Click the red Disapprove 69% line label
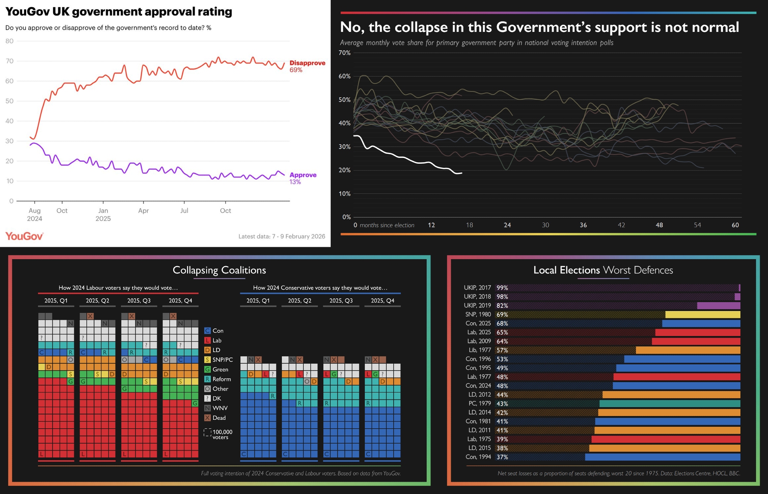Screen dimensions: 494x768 [x=307, y=66]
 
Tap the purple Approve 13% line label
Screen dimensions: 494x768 [x=303, y=178]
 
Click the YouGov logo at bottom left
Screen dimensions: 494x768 [x=24, y=236]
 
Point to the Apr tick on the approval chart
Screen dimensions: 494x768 [x=143, y=210]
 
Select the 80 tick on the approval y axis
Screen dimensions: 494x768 [x=10, y=41]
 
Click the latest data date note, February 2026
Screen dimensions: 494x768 [x=281, y=236]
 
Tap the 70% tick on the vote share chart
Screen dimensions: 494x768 [x=344, y=53]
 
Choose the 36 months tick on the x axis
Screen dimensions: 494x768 [x=583, y=225]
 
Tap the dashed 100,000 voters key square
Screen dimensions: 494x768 [x=207, y=432]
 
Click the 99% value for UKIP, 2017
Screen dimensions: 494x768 [x=502, y=288]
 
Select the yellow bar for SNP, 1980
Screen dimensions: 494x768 [x=702, y=314]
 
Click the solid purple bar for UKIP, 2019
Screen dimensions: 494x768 [x=718, y=306]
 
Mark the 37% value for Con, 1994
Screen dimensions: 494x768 [x=502, y=457]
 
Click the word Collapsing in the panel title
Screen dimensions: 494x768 [x=195, y=270]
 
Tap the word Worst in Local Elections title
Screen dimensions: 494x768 [x=617, y=270]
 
